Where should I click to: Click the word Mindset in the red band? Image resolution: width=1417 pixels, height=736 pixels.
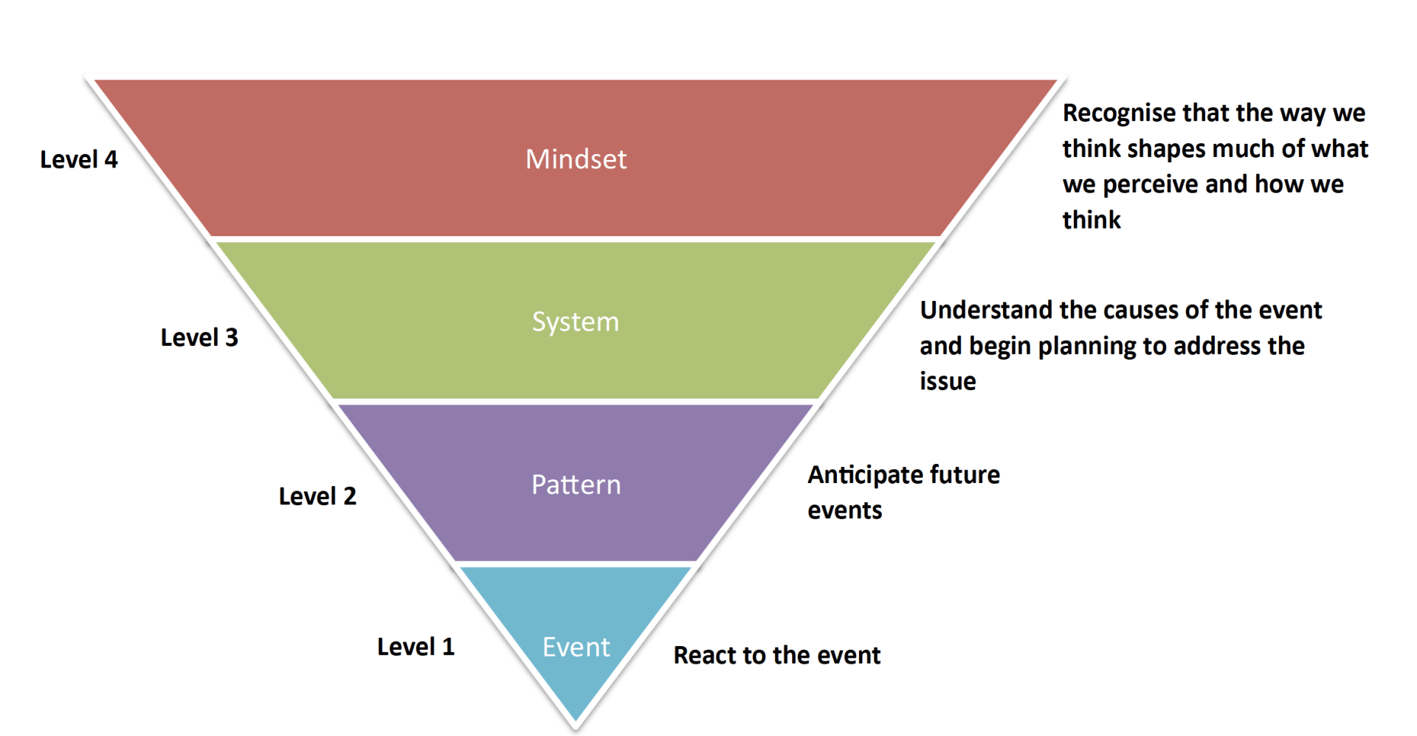click(x=576, y=159)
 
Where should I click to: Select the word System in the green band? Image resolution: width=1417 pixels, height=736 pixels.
click(x=576, y=322)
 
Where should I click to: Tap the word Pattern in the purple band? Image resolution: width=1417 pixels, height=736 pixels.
click(x=576, y=485)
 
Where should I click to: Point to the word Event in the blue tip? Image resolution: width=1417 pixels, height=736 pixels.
click(x=576, y=647)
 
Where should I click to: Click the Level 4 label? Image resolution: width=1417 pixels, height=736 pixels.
click(x=79, y=159)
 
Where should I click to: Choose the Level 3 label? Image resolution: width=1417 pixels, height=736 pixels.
click(x=199, y=337)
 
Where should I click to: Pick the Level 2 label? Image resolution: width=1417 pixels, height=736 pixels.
click(x=317, y=496)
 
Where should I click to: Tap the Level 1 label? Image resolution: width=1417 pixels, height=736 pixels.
click(x=416, y=647)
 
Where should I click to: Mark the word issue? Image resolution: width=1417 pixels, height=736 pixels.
click(x=948, y=381)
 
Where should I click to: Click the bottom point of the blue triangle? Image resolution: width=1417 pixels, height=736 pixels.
click(x=576, y=721)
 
